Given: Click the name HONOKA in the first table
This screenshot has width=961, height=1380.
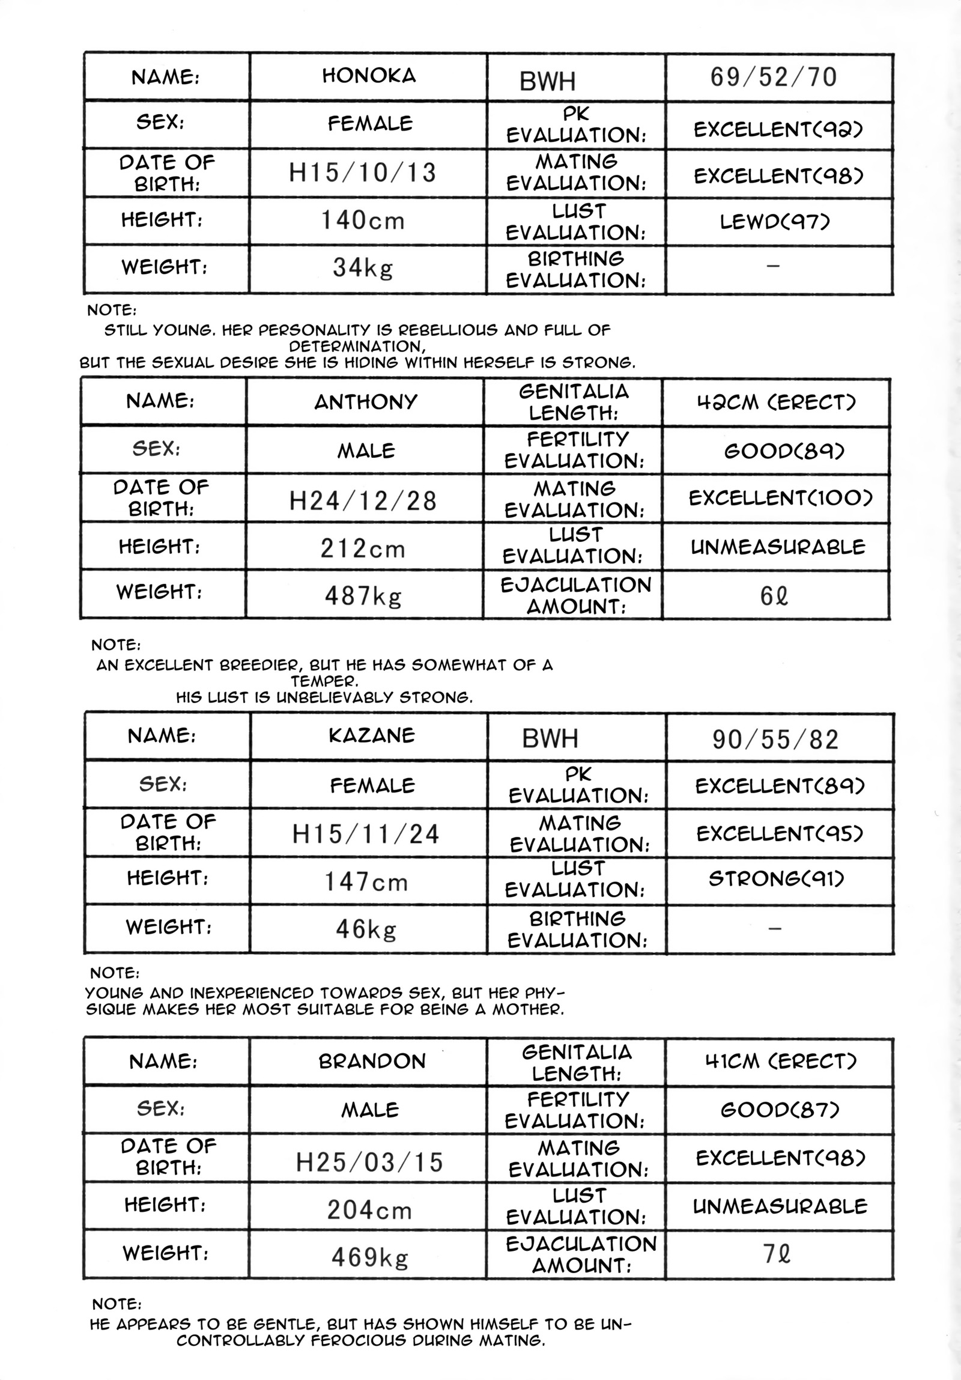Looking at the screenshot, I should coord(369,76).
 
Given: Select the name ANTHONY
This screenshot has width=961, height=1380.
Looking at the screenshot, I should coord(365,401).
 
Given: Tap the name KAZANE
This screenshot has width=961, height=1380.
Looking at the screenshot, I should coord(371,736).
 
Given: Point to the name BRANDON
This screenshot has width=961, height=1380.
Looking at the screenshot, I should coord(372,1061).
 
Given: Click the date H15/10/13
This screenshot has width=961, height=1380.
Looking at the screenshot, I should coord(362,173).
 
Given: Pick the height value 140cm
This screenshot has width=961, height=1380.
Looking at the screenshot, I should coord(362,220).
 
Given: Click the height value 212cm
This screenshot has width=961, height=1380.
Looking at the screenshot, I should coord(362,548).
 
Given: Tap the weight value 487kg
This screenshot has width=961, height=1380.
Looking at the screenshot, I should coord(362,595).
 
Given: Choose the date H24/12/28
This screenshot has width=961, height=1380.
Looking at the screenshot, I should coord(362,500).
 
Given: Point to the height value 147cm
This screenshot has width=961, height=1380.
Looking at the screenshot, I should coord(366,882).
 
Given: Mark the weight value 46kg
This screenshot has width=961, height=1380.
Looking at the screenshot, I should coord(366,929).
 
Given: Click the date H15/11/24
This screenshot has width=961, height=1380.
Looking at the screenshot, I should coord(366,834).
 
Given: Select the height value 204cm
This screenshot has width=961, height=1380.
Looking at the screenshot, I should coord(369,1209).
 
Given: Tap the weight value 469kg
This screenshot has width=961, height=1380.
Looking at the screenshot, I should coord(369,1257).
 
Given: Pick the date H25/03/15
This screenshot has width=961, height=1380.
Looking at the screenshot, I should coord(369,1162).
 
